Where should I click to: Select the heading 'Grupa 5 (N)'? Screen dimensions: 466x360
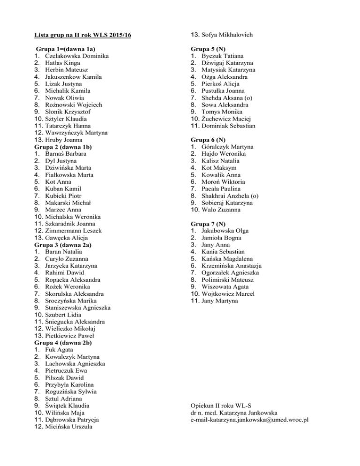tap(208, 49)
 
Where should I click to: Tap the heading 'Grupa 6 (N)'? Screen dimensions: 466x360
tap(208, 140)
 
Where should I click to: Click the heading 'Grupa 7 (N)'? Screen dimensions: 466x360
tap(208, 224)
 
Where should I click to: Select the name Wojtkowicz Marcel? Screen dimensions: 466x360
tap(228, 293)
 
